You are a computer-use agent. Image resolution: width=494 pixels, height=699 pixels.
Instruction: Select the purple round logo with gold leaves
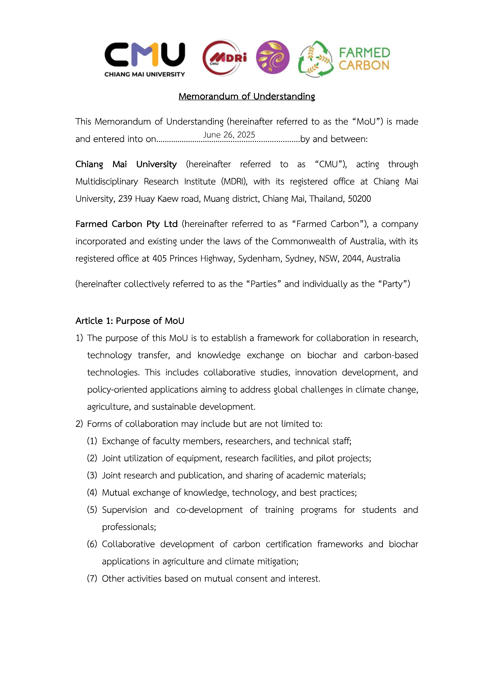click(273, 57)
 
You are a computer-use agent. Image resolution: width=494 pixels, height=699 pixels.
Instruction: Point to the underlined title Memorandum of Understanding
click(247, 96)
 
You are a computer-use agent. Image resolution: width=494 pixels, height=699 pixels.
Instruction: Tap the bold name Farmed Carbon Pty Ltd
click(126, 224)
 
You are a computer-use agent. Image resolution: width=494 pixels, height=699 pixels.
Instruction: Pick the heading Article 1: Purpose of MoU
click(130, 321)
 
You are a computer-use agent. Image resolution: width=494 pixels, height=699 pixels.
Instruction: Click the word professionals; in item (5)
click(129, 527)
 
